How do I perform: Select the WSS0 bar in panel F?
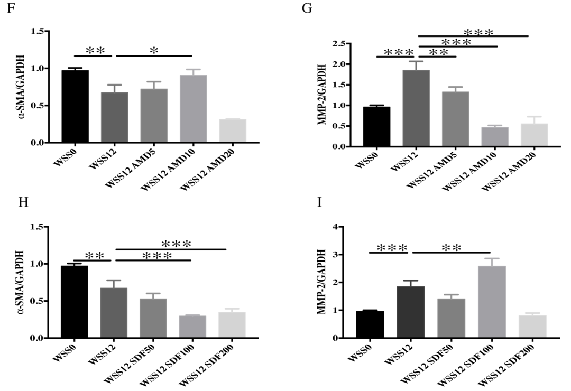click(x=75, y=106)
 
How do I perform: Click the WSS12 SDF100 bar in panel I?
click(x=491, y=302)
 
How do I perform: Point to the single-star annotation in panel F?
click(x=154, y=51)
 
